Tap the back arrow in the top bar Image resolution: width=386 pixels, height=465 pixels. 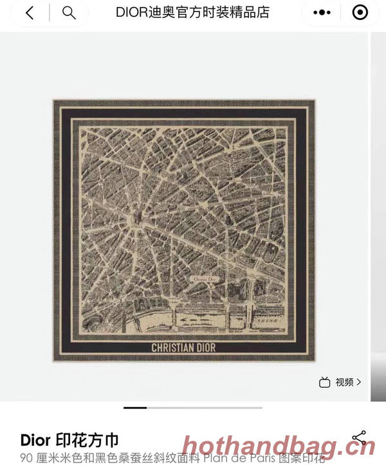point(30,13)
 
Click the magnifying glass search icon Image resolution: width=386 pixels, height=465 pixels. point(69,13)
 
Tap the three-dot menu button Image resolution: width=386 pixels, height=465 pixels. point(322,13)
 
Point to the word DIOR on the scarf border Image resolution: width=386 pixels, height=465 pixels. point(204,348)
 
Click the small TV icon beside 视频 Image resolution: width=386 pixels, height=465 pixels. point(325,382)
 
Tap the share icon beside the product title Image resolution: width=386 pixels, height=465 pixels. point(359,438)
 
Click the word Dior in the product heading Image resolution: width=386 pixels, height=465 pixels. point(36,440)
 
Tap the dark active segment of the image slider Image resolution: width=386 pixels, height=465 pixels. point(135,407)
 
